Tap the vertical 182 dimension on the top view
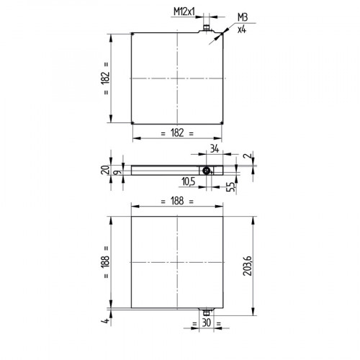(x=106, y=77)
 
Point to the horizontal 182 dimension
(x=177, y=132)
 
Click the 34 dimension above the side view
(x=213, y=148)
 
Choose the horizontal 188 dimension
(x=177, y=203)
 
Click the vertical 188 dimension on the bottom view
(x=106, y=260)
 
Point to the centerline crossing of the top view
(x=177, y=77)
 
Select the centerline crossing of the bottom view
(x=177, y=260)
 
